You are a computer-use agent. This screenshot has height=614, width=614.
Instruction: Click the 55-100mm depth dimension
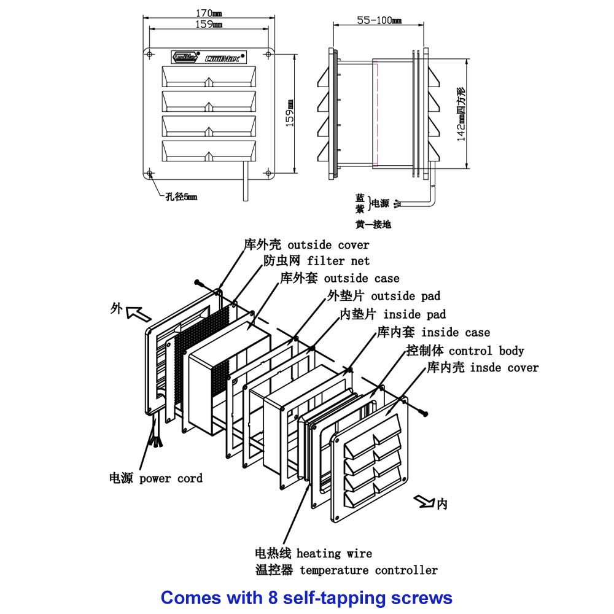(x=379, y=20)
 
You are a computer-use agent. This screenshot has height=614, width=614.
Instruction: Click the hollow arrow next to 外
(x=139, y=314)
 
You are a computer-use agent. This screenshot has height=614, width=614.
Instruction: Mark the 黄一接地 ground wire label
(x=373, y=225)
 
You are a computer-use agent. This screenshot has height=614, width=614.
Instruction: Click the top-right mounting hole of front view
(x=270, y=55)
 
